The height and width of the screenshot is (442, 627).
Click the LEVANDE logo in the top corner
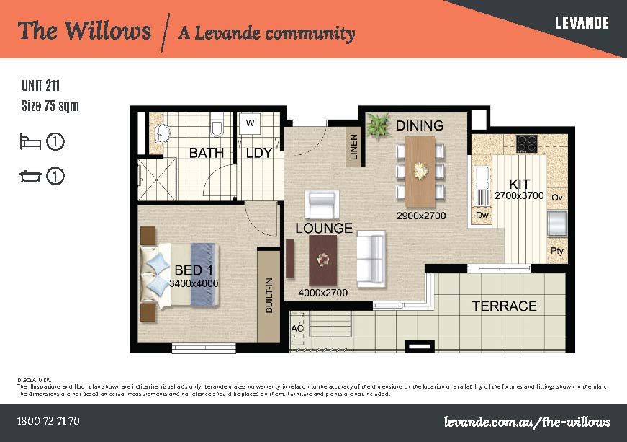tap(582, 23)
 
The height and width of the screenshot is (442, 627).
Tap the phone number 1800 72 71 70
tap(48, 420)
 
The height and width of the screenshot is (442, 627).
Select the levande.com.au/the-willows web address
tap(528, 420)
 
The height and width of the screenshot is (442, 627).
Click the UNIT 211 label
tap(40, 87)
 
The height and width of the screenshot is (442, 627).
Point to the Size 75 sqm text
tap(50, 106)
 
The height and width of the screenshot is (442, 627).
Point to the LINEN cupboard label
tap(353, 147)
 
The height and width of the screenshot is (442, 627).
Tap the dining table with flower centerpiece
tap(420, 171)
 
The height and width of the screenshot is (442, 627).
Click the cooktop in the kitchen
tap(527, 141)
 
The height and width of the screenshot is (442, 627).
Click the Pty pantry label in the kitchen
tap(556, 251)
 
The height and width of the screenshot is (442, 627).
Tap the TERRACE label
tap(504, 306)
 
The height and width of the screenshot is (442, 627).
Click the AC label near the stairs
tap(297, 329)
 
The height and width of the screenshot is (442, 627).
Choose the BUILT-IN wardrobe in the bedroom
tap(269, 295)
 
